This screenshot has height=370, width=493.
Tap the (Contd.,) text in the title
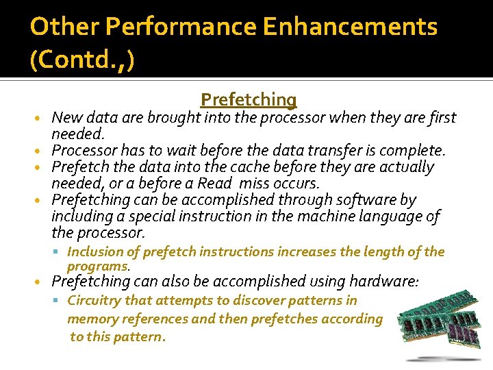tap(83, 60)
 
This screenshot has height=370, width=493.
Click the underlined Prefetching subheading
tap(249, 100)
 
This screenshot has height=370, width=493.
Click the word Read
tap(214, 184)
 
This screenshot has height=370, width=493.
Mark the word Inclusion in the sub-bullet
tap(94, 252)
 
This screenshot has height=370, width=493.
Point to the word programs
tap(98, 265)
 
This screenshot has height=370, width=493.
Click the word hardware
tap(387, 281)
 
